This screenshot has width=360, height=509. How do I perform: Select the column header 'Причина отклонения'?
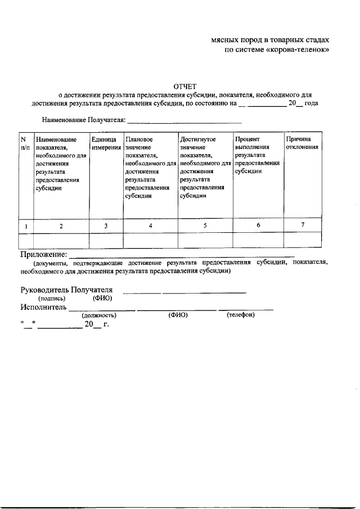(302, 143)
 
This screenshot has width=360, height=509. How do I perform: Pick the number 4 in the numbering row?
(150, 226)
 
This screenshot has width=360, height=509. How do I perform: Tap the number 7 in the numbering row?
(303, 226)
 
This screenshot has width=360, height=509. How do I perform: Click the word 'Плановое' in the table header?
(139, 139)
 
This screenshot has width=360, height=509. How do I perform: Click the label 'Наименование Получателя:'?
(83, 120)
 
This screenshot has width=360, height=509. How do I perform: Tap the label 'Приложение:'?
(44, 254)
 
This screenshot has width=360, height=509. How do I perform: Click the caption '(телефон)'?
(241, 315)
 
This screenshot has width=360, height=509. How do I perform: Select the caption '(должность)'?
(99, 316)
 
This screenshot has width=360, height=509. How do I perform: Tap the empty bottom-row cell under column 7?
(303, 240)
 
